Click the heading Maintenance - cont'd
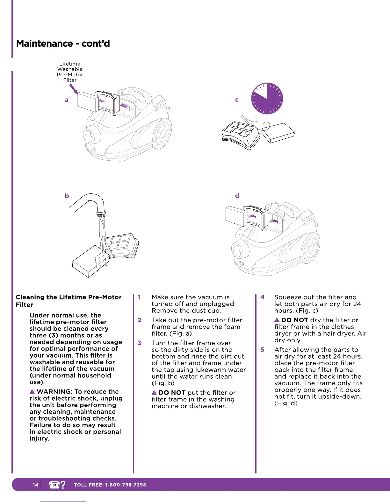tap(63, 44)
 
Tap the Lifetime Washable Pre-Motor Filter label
tap(70, 72)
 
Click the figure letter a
tap(67, 100)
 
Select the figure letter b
tap(67, 196)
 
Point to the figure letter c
tap(237, 100)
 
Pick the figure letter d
tap(237, 196)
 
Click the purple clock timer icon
tap(267, 99)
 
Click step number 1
tap(139, 297)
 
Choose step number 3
tap(140, 343)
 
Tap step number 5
tap(262, 350)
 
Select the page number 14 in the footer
tap(35, 485)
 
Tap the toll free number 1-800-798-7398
tap(126, 485)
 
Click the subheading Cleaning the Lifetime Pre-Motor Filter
tap(69, 301)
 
